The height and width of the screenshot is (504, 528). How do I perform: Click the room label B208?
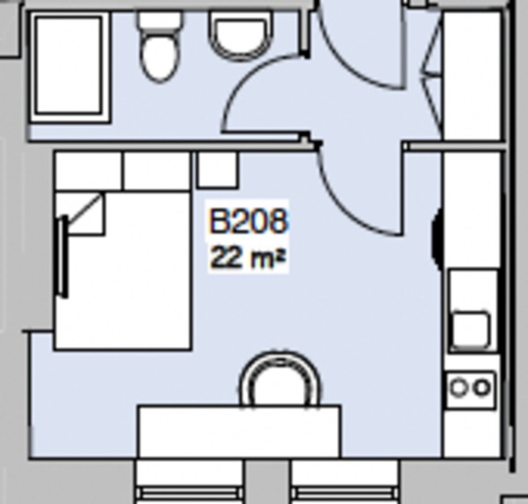click(247, 221)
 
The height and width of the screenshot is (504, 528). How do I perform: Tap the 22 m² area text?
click(247, 258)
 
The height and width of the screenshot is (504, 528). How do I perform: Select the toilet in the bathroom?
click(159, 48)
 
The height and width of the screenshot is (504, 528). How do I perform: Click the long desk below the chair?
click(238, 431)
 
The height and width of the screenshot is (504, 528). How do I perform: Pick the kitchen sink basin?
click(471, 327)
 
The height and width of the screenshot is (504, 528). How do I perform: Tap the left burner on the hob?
click(460, 387)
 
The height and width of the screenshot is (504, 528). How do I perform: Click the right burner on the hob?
click(481, 387)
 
